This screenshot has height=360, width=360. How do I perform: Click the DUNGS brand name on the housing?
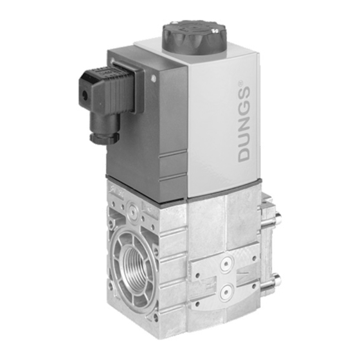tap(244, 124)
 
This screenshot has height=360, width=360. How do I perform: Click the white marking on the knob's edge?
tap(215, 31)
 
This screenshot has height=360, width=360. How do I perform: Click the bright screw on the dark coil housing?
tap(154, 78)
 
